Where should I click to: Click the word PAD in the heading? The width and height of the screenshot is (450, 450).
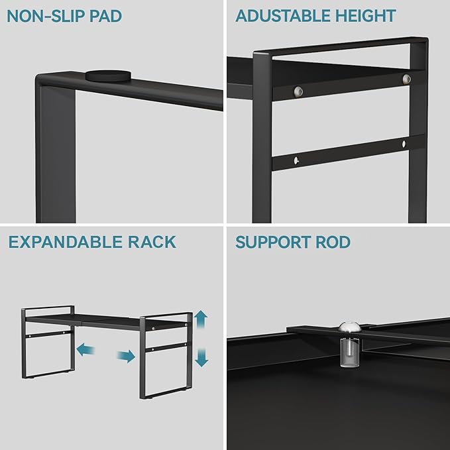tap(105, 16)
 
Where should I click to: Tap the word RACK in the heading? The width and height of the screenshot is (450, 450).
tap(152, 242)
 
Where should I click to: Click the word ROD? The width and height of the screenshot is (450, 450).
tap(333, 242)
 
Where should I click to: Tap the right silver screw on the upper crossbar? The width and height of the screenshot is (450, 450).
tap(406, 80)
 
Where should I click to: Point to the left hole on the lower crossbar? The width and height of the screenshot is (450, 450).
tap(298, 159)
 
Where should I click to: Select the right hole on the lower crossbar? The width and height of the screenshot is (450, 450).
tap(404, 143)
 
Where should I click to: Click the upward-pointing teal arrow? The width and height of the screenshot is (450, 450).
tap(201, 321)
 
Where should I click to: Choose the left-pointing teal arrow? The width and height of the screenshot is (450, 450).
tap(84, 349)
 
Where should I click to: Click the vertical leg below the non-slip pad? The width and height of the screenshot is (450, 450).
tap(56, 152)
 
